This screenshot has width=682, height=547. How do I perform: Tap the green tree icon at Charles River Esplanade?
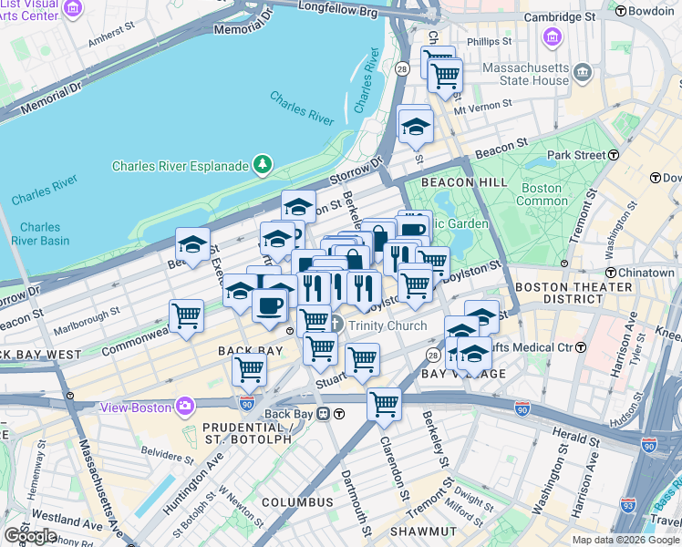coord(263,165)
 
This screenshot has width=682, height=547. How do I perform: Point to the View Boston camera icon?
coord(186,406)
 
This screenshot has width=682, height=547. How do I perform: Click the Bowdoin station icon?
coord(621,11)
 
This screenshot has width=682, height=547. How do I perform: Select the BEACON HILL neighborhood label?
coord(464,182)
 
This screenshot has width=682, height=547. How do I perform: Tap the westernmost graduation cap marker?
coord(192,243)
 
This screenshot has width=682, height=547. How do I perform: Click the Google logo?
coord(30,535)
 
